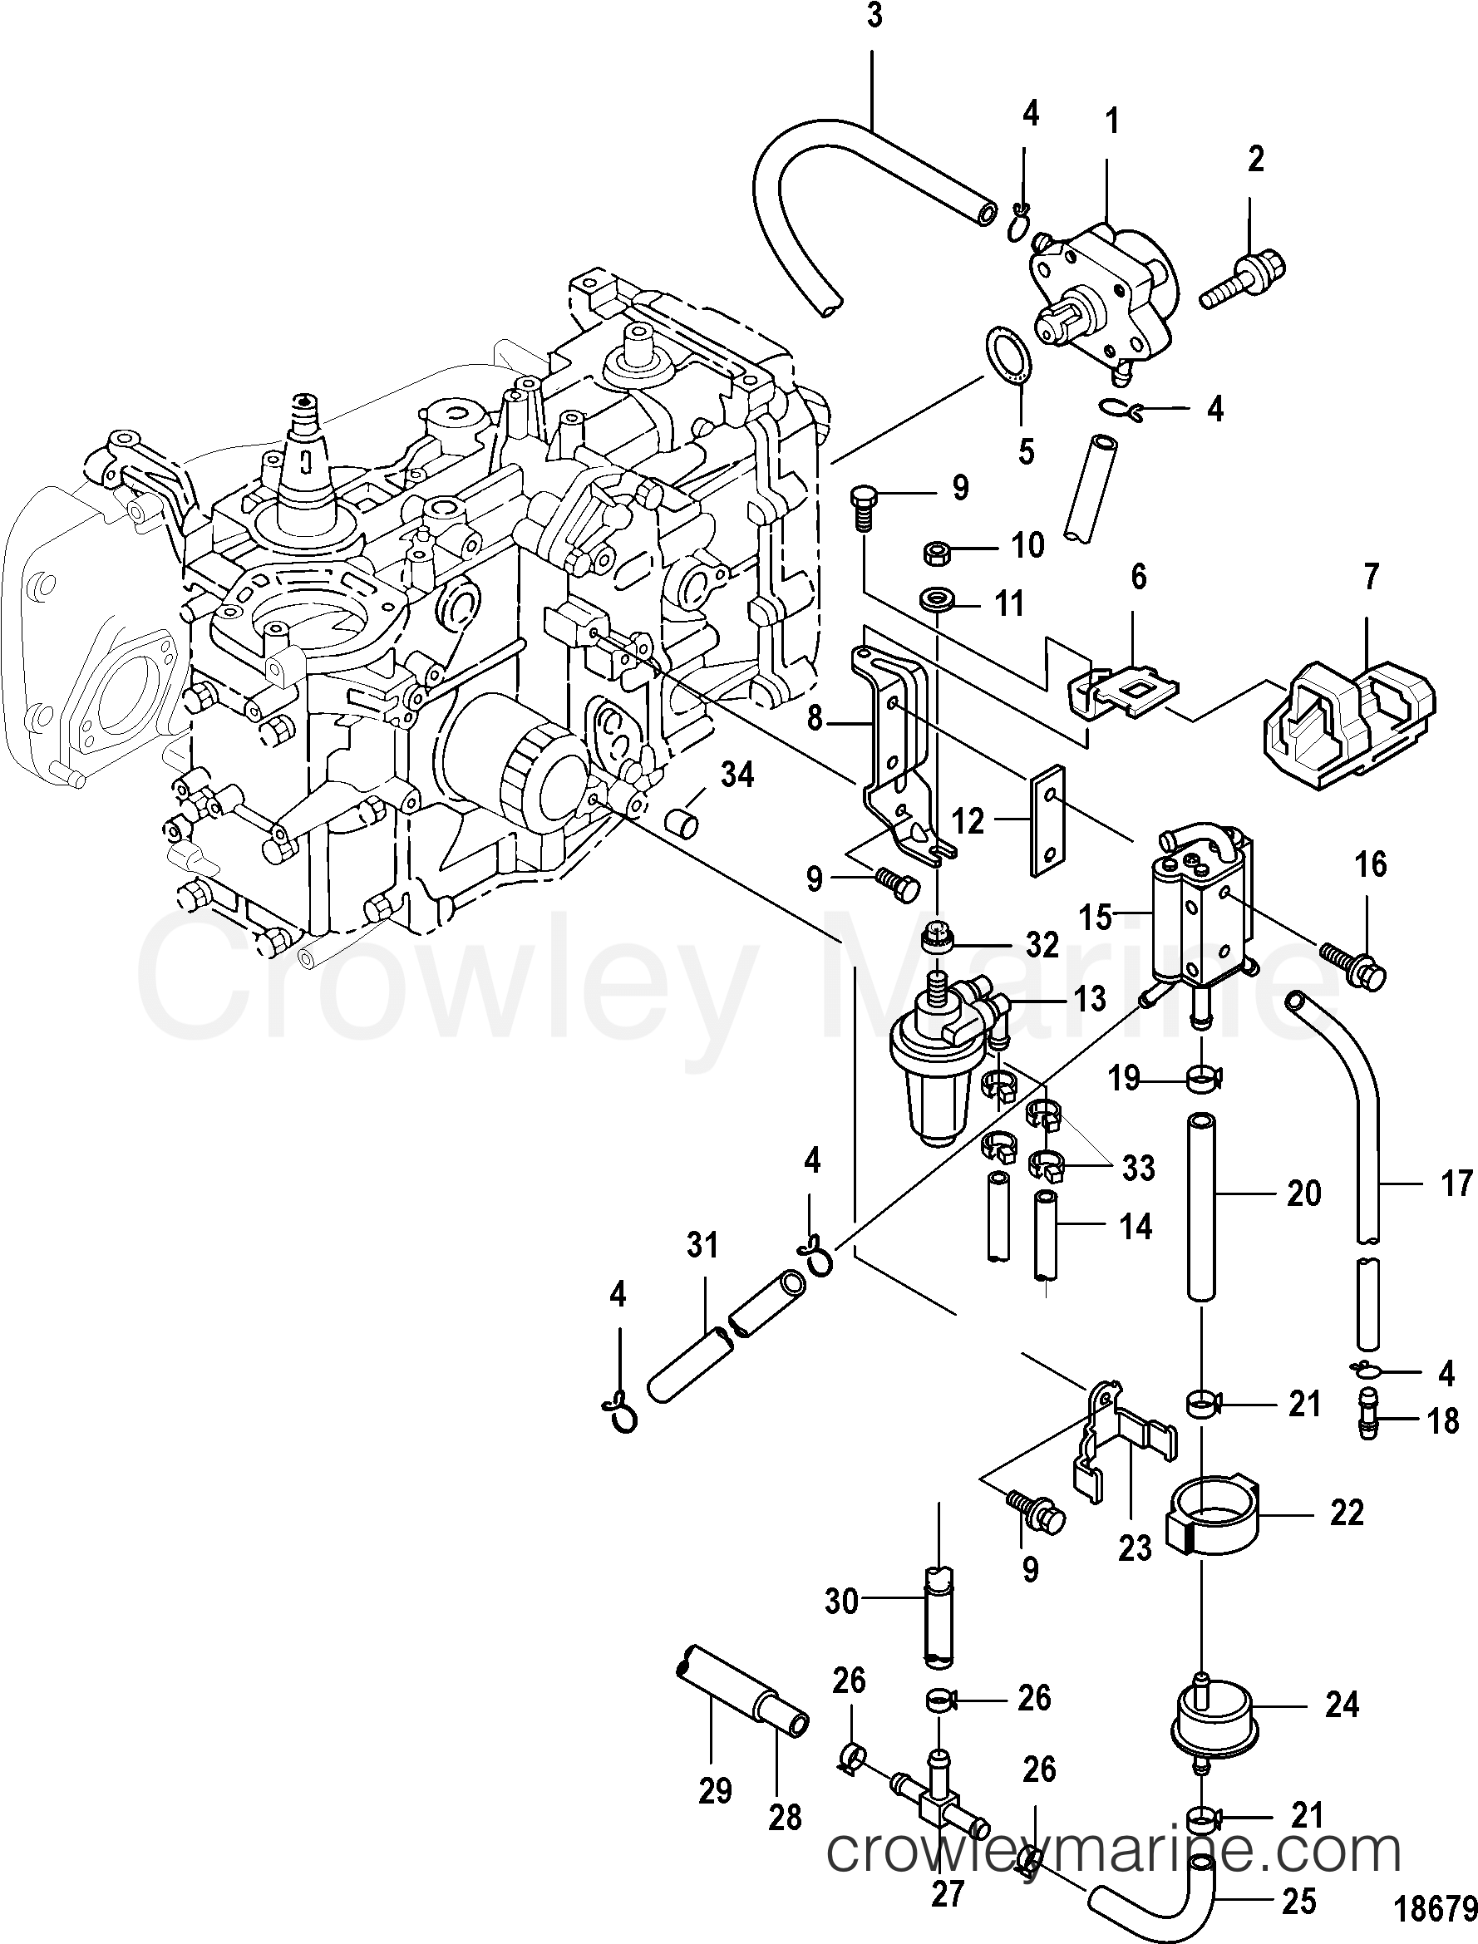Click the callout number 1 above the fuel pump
[x=1112, y=121]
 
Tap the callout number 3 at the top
[x=874, y=17]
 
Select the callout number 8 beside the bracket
[x=815, y=720]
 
